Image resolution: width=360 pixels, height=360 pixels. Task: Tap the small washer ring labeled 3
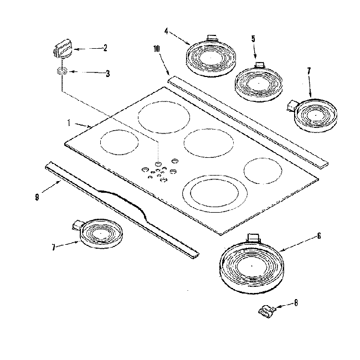62,72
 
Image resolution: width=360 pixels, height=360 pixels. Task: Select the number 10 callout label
157,49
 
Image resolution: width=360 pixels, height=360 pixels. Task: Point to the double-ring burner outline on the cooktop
213,192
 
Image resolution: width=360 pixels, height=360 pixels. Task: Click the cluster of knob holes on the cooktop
158,170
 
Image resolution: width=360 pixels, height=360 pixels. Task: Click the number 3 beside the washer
107,73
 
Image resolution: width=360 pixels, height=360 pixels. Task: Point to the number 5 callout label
253,39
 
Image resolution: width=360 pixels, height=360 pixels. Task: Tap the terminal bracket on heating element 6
253,238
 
